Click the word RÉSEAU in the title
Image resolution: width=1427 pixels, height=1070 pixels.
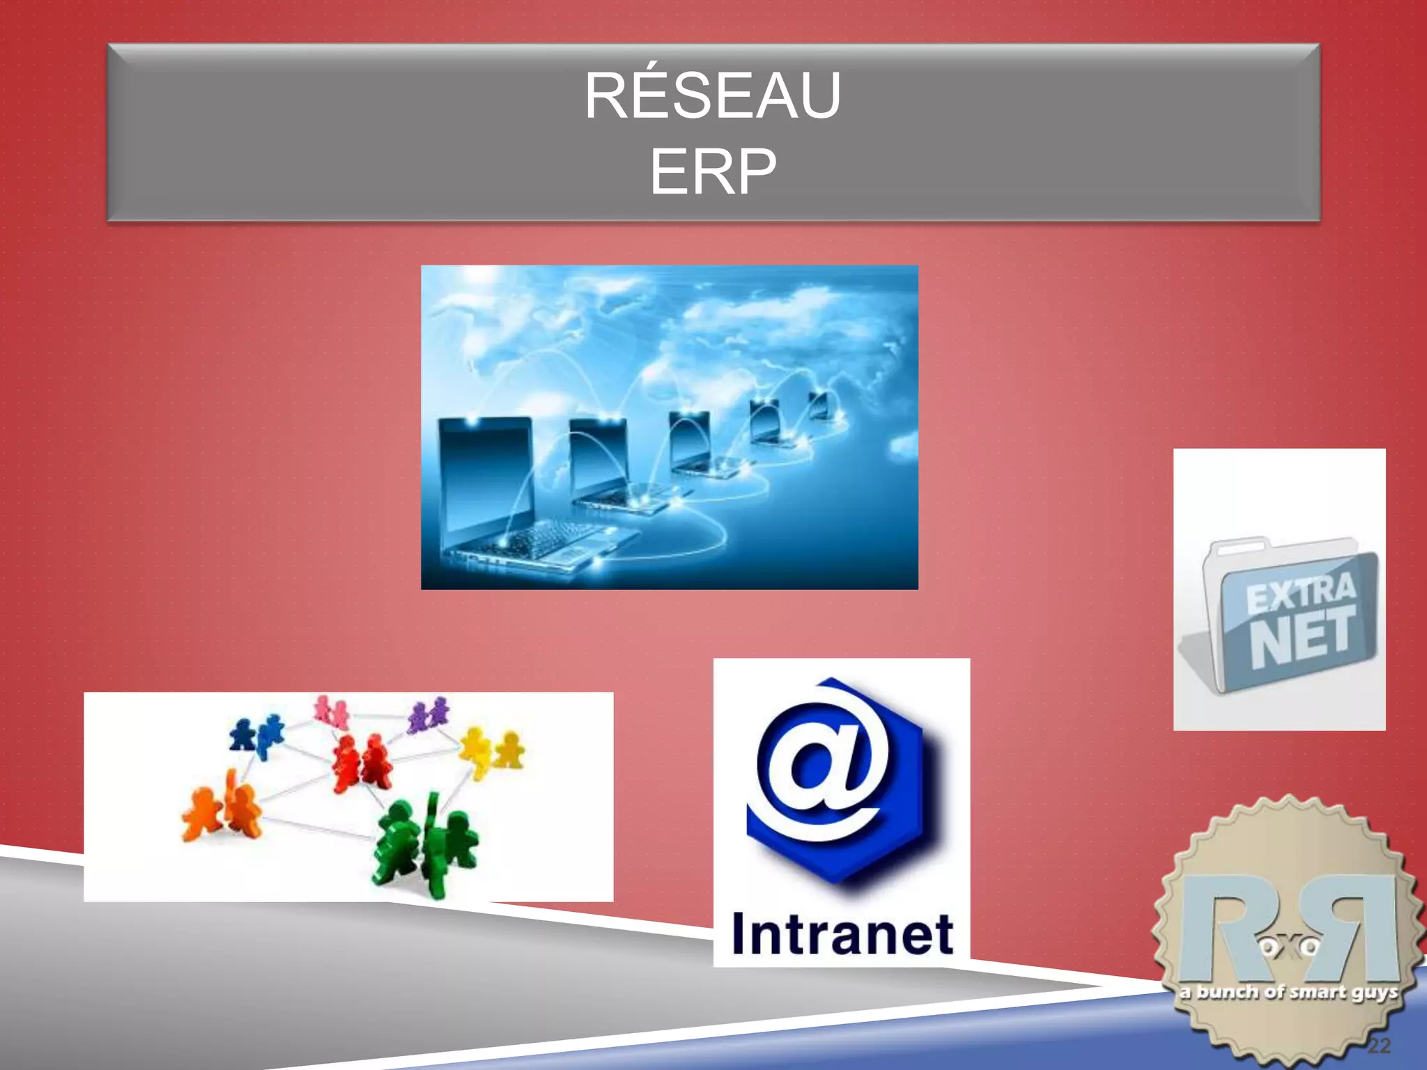coord(712,96)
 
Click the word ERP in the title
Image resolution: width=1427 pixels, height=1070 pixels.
coord(712,171)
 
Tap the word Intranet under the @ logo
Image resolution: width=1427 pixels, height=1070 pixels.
coord(842,935)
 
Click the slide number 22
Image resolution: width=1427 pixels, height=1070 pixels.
coord(1379,1046)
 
